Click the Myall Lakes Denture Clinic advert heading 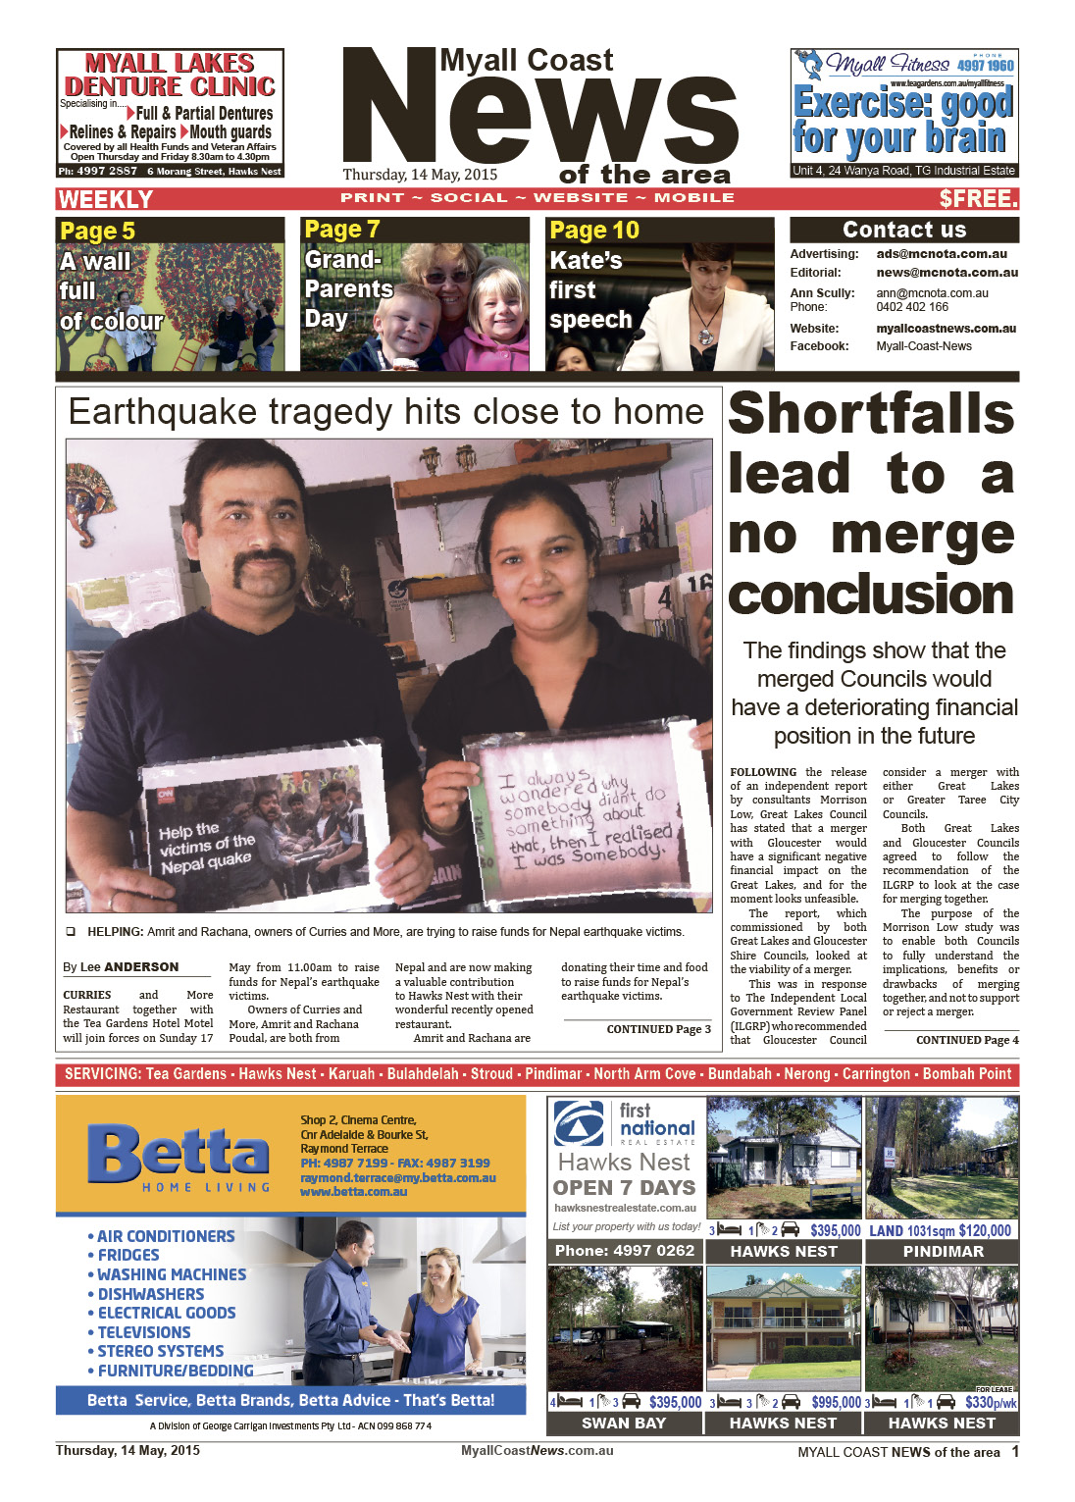tap(170, 76)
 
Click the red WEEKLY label tap(105, 199)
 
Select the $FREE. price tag tap(978, 199)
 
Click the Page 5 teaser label tap(97, 232)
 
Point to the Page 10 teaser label tap(593, 231)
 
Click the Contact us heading tap(903, 230)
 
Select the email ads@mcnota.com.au tap(941, 254)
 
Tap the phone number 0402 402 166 tap(912, 307)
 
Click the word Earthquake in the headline tap(163, 412)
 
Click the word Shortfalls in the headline tap(871, 413)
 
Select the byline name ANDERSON tap(141, 966)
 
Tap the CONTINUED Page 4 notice tap(966, 1040)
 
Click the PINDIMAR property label tap(943, 1251)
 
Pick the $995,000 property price tap(835, 1403)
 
